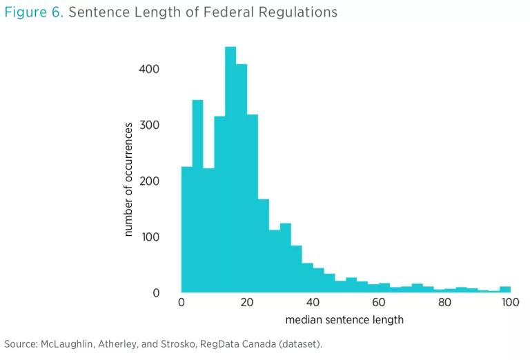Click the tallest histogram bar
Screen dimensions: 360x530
coord(230,172)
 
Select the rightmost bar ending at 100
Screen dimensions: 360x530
coord(505,289)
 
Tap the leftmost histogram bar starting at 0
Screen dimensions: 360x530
coord(186,228)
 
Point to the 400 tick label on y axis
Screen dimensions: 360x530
coord(150,69)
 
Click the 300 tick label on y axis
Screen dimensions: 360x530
coord(150,125)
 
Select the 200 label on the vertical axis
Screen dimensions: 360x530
coord(150,181)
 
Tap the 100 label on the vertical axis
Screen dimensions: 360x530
coord(150,237)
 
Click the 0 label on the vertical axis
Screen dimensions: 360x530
coord(156,293)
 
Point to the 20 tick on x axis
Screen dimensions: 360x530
coord(247,303)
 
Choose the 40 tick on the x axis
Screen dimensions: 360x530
coord(313,303)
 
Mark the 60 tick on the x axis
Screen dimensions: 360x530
coord(378,303)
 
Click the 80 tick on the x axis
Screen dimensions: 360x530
coord(444,303)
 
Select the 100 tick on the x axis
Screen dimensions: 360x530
coord(509,303)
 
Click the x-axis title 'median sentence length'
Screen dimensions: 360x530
coord(344,320)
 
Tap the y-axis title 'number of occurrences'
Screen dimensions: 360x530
coord(128,180)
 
